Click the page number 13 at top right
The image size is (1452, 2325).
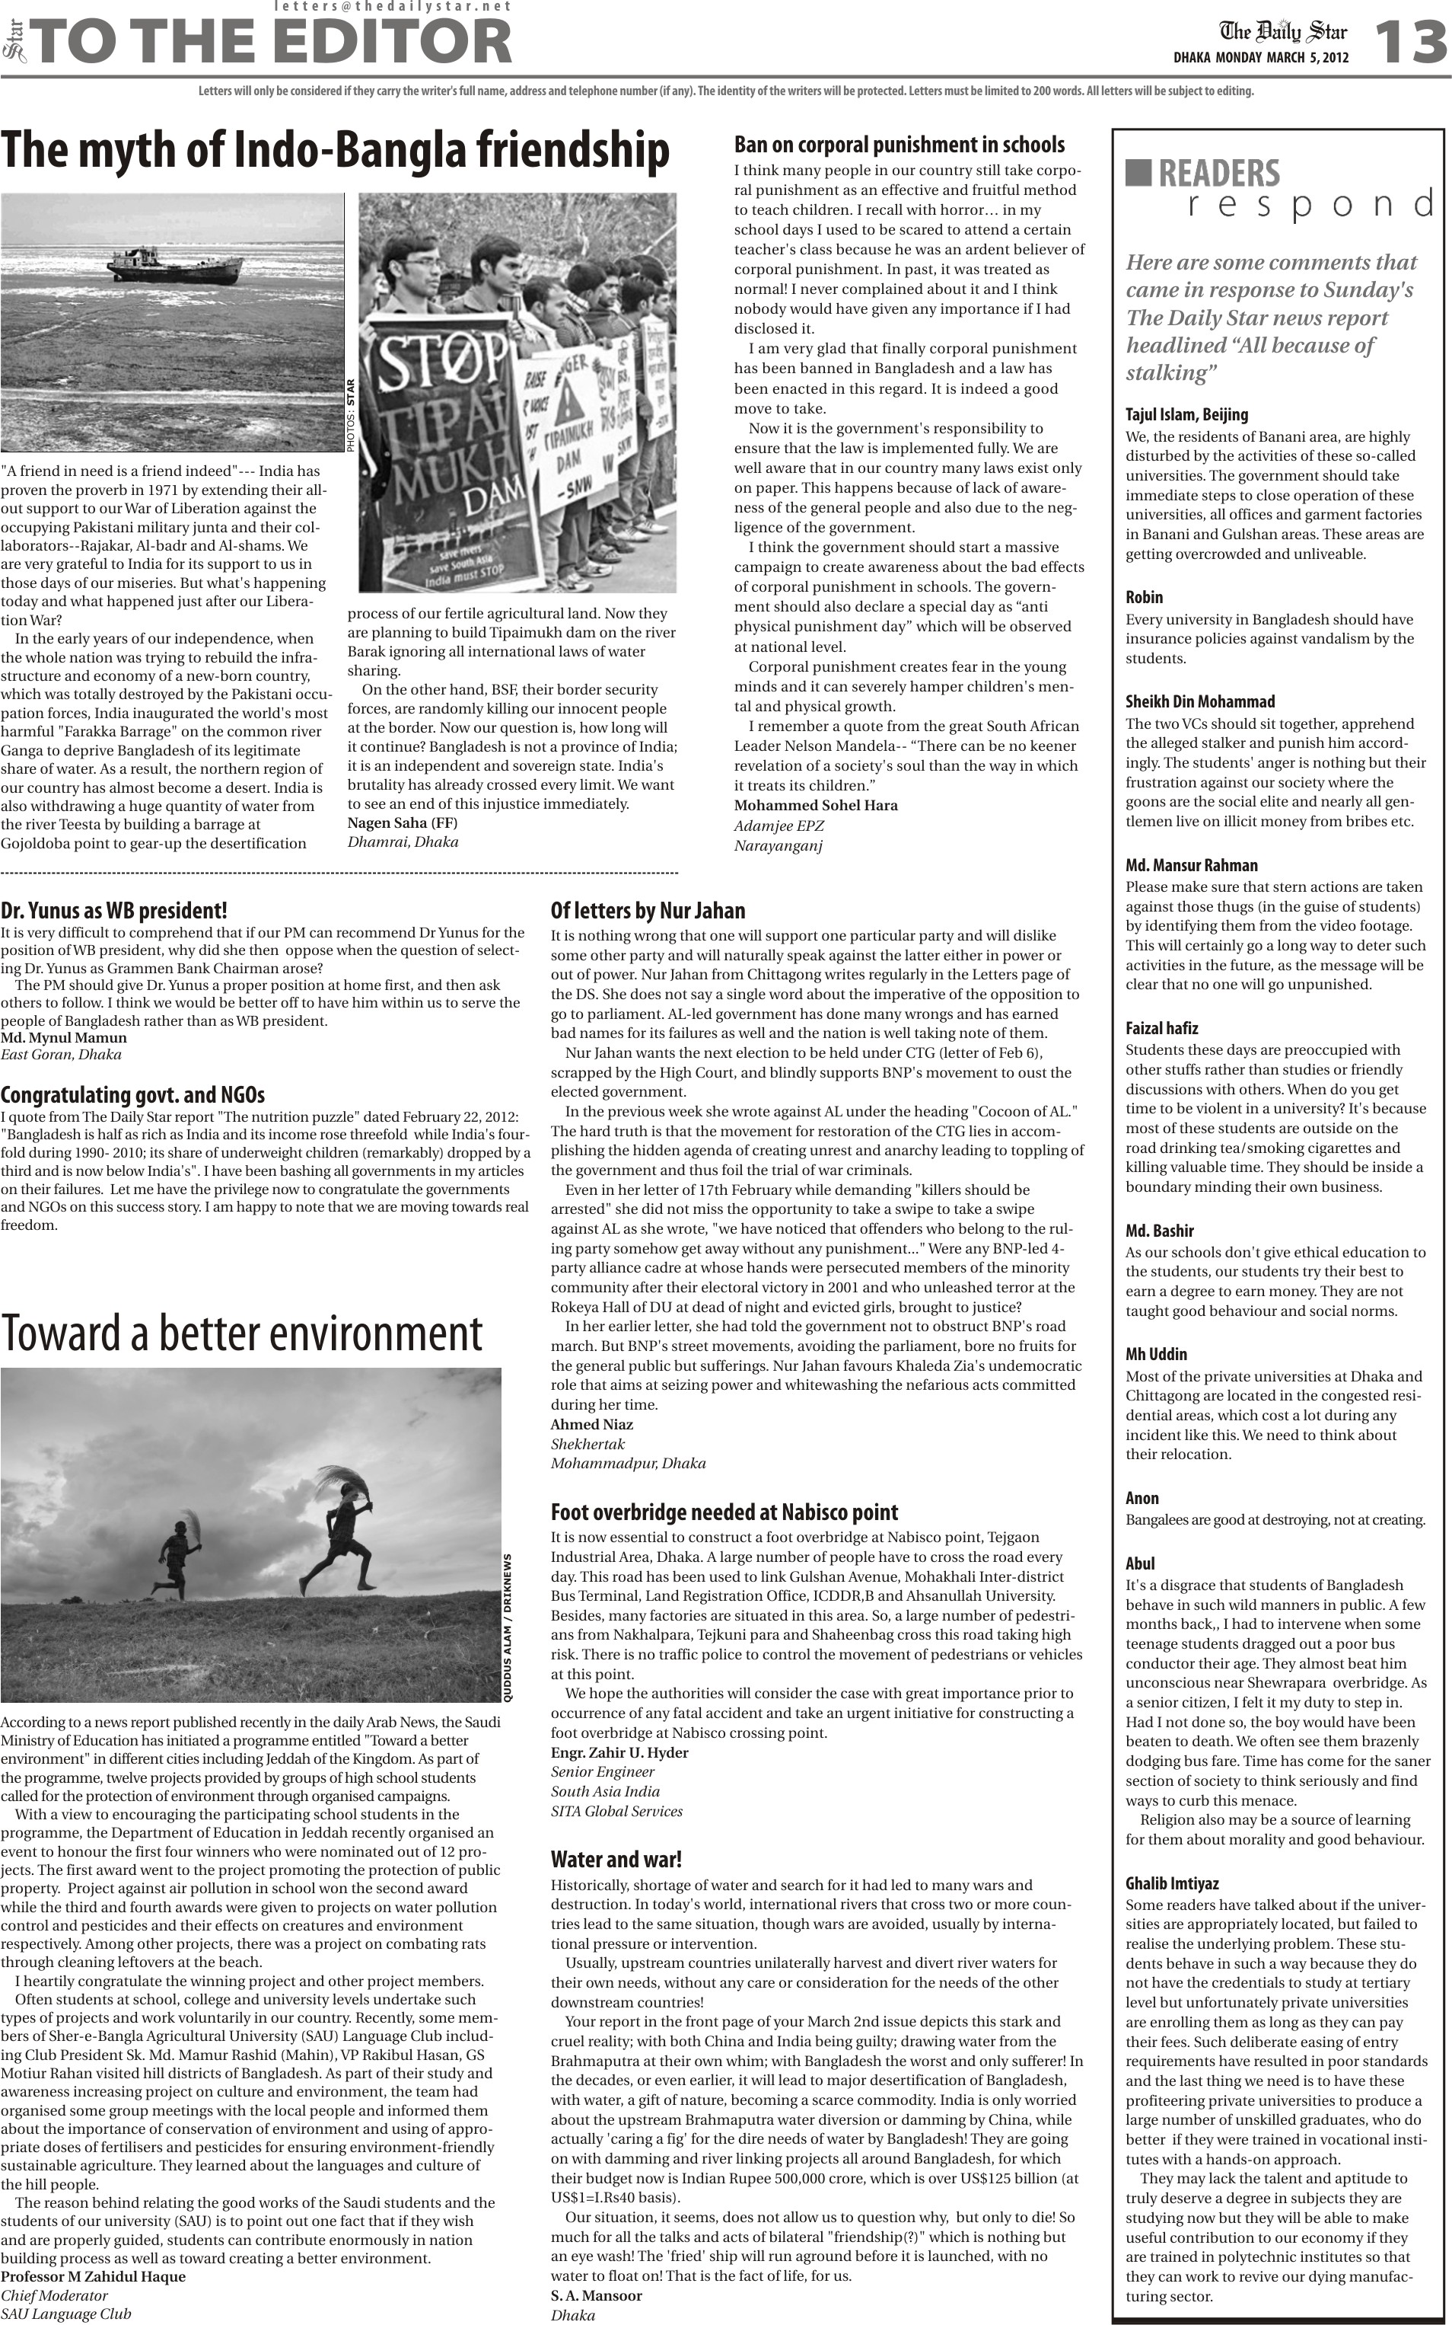(x=1409, y=44)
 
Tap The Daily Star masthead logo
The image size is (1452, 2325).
(x=1283, y=33)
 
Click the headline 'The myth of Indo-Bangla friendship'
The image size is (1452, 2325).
(x=335, y=151)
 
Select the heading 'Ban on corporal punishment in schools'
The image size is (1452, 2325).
(x=899, y=145)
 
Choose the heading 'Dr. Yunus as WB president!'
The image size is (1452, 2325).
(x=114, y=910)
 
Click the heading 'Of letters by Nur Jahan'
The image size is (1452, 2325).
(x=648, y=910)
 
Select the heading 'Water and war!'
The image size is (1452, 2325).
(x=616, y=1859)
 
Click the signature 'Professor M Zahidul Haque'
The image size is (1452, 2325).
(x=93, y=2277)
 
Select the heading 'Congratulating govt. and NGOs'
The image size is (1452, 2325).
(x=132, y=1094)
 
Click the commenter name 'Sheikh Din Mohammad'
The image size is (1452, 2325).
(x=1199, y=701)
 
